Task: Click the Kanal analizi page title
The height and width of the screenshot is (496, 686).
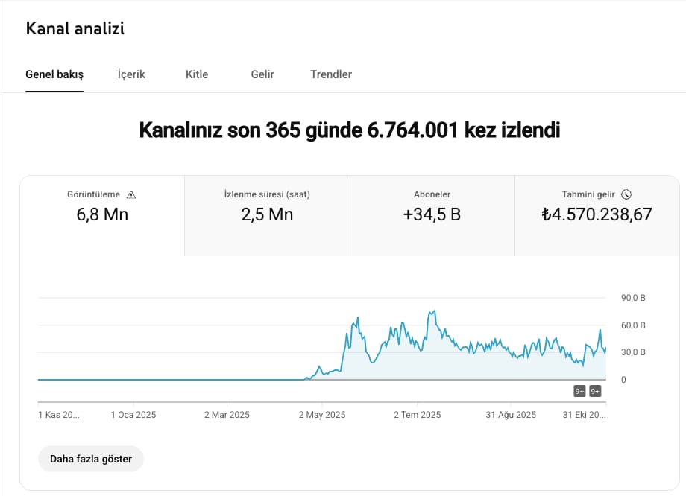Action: pyautogui.click(x=75, y=29)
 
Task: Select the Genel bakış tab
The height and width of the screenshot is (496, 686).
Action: pyautogui.click(x=54, y=74)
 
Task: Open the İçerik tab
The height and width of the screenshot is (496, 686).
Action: pyautogui.click(x=131, y=74)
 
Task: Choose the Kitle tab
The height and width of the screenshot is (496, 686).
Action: pyautogui.click(x=197, y=74)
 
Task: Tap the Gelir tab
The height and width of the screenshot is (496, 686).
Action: pyautogui.click(x=262, y=74)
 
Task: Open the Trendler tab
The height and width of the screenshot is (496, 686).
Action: pyautogui.click(x=331, y=74)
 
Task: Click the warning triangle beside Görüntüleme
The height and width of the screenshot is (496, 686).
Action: pyautogui.click(x=132, y=194)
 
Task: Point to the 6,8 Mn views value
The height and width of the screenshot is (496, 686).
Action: pyautogui.click(x=102, y=215)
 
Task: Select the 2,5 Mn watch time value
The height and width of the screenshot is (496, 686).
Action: pyautogui.click(x=267, y=215)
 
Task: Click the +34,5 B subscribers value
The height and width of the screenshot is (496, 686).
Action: pyautogui.click(x=432, y=215)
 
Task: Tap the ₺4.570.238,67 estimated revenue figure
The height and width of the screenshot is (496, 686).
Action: pyautogui.click(x=597, y=215)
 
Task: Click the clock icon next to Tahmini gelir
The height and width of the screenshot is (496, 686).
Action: pyautogui.click(x=626, y=194)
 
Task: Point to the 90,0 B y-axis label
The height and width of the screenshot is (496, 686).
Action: pyautogui.click(x=633, y=298)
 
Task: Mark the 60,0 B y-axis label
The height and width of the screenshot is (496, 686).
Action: pyautogui.click(x=633, y=325)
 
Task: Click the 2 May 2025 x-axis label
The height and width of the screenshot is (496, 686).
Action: pyautogui.click(x=322, y=415)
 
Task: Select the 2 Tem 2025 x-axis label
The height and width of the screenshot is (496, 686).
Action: pyautogui.click(x=418, y=415)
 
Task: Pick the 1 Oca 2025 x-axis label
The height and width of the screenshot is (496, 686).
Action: pyautogui.click(x=133, y=415)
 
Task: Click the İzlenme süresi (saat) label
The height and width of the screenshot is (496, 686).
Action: pyautogui.click(x=267, y=194)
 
